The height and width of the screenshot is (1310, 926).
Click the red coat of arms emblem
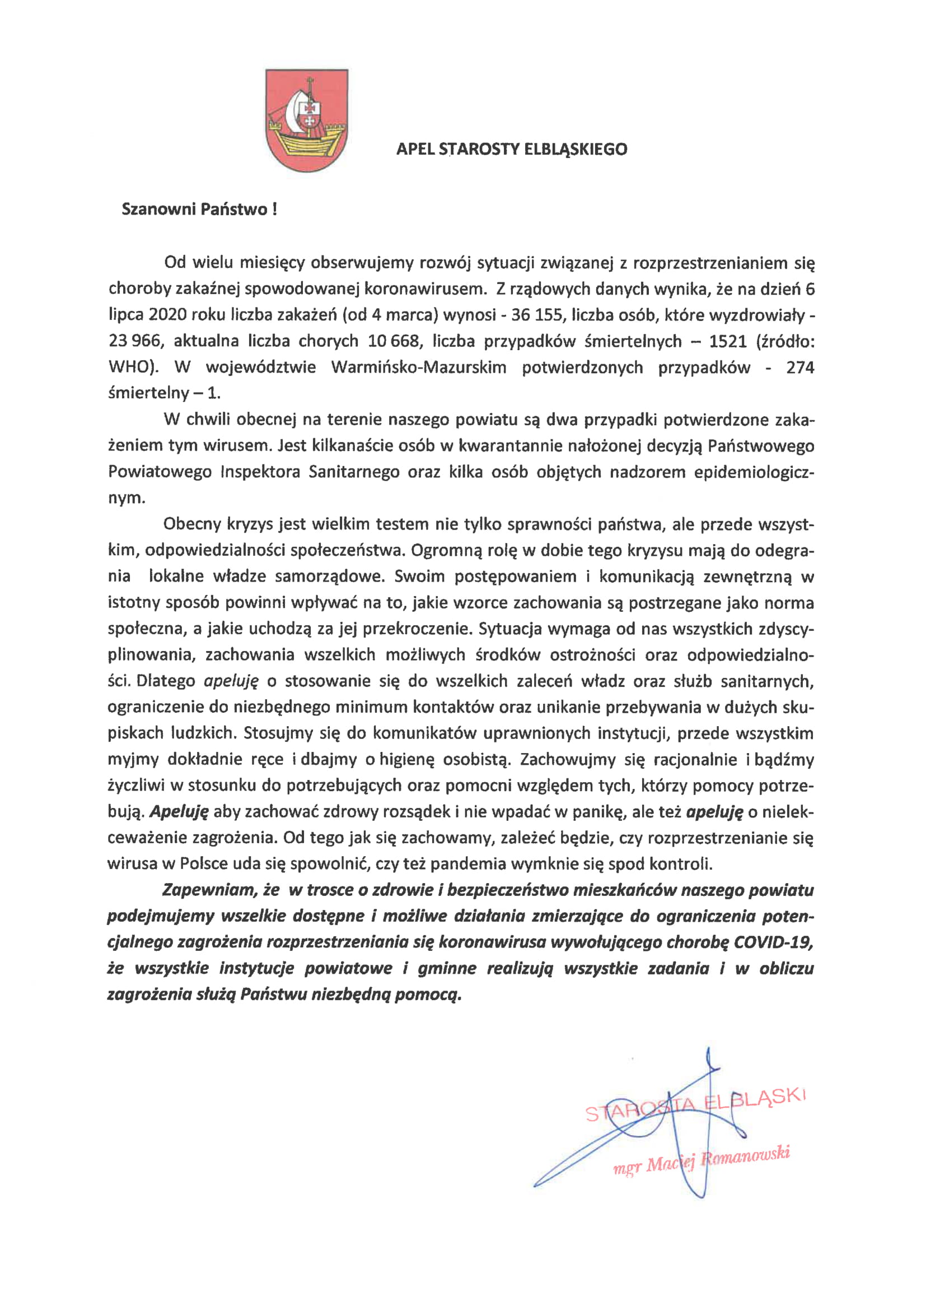307,120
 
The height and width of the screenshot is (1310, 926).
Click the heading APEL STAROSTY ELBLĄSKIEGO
512,150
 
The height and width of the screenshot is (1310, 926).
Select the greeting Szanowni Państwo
199,210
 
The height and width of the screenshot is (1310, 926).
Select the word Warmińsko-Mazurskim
419,367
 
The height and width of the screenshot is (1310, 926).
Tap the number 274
800,367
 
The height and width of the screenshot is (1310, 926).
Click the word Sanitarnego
353,472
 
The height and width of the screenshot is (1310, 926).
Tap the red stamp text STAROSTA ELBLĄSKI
696,1105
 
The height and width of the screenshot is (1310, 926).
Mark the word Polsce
205,864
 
